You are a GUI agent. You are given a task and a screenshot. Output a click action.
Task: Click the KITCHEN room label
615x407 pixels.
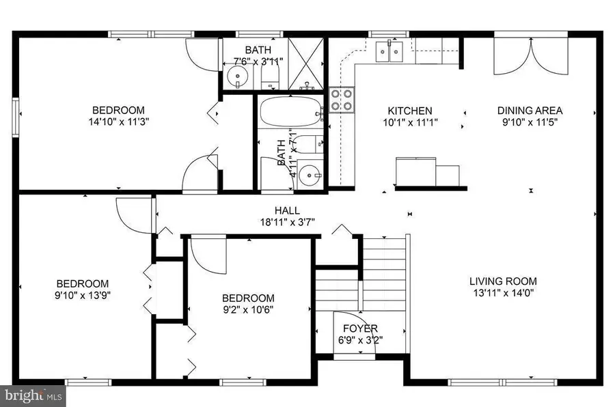tap(409, 111)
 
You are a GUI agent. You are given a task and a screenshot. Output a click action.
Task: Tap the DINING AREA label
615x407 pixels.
tap(530, 111)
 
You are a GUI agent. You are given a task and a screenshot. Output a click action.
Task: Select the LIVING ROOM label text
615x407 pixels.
tap(502, 281)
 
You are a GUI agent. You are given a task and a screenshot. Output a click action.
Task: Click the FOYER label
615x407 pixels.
tap(360, 328)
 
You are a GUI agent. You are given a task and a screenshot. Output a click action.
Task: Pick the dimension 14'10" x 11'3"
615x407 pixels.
tap(118, 122)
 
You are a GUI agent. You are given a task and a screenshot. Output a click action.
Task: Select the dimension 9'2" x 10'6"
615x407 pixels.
tap(248, 310)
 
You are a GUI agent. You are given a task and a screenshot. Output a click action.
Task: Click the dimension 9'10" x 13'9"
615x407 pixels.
tap(82, 296)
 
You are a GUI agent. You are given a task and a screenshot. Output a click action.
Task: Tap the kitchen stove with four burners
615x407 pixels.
tap(342, 100)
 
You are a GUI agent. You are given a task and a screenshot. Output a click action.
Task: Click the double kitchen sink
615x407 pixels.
tap(389, 51)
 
